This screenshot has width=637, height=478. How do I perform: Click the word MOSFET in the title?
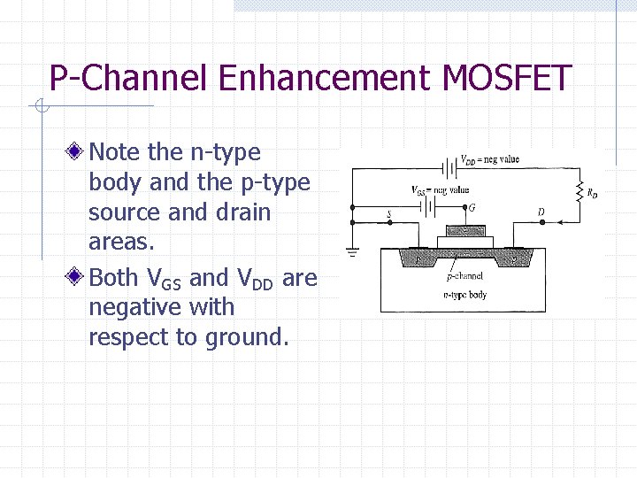click(507, 79)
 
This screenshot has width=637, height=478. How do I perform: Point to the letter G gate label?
click(472, 209)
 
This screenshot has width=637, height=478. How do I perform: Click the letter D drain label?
click(541, 212)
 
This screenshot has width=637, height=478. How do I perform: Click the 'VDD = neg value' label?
click(489, 159)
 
